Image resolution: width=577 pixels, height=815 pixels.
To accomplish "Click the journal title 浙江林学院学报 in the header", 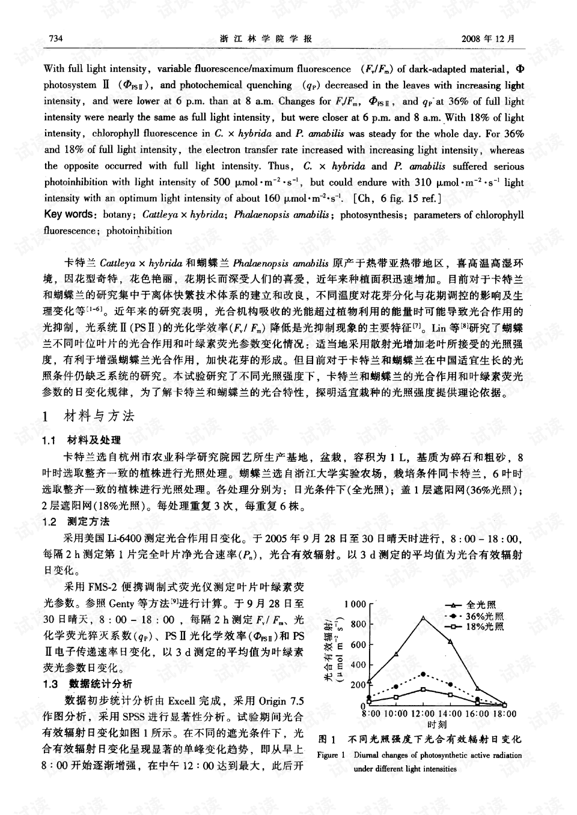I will (x=266, y=39).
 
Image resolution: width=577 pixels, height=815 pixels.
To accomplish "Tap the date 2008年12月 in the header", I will (x=488, y=39).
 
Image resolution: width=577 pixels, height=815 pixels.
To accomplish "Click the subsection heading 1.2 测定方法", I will (x=76, y=521).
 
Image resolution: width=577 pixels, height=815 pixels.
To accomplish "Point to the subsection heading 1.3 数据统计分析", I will (x=88, y=683).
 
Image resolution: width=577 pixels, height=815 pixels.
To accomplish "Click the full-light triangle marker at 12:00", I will (x=423, y=617).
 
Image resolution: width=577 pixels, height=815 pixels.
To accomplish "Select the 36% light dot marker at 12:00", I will (x=423, y=674).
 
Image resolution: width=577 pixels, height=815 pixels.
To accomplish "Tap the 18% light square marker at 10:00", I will (x=396, y=697).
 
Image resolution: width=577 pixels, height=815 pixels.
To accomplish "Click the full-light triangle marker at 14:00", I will (x=450, y=641).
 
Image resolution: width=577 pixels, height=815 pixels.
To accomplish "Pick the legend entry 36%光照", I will (x=484, y=616).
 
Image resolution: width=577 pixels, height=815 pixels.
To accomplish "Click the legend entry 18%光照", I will (x=484, y=626).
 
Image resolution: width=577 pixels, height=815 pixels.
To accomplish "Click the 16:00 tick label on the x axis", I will (x=478, y=714).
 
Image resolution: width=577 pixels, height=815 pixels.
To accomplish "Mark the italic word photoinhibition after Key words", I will (x=139, y=231).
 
